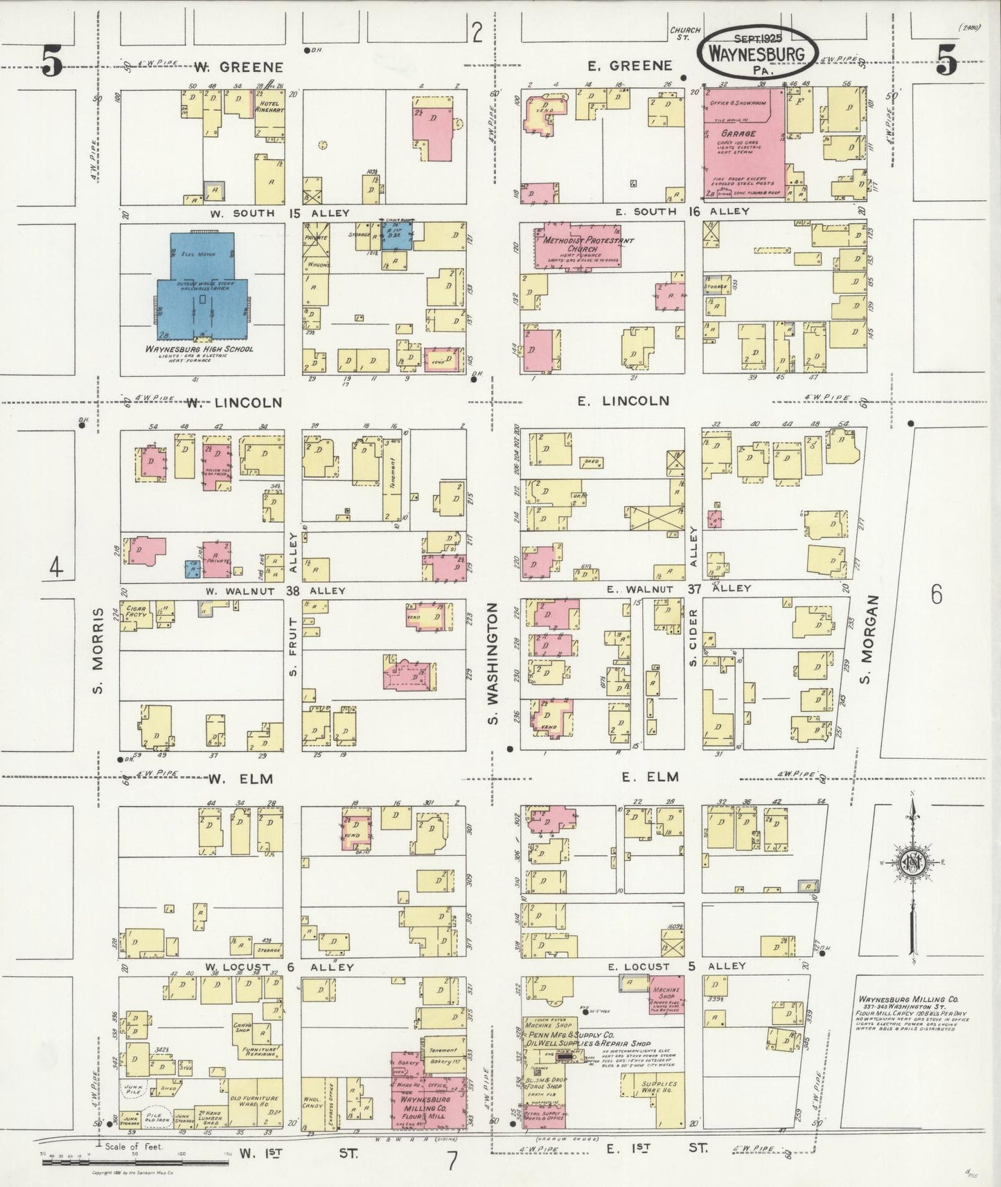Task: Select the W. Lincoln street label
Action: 233,403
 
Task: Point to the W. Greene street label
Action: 239,67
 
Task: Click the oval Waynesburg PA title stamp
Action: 756,55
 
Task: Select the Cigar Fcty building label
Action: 135,614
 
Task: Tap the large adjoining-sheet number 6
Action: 937,595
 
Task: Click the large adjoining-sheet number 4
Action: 56,569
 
